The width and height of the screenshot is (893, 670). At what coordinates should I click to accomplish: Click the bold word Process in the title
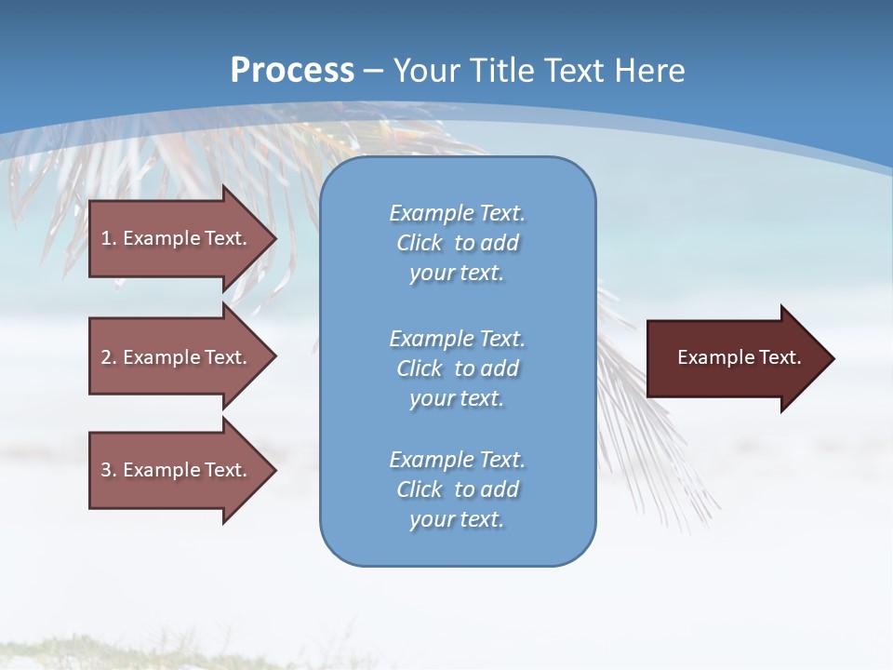292,70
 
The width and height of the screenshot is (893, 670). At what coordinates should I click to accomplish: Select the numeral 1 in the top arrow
106,238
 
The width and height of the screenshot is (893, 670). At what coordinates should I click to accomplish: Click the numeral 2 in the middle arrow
106,357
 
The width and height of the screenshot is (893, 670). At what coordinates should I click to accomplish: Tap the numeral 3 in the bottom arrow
106,470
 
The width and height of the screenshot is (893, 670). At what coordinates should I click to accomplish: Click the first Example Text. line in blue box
457,213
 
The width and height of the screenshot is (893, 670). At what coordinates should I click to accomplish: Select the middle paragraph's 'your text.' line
457,398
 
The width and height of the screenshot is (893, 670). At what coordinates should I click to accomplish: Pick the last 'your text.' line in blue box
457,519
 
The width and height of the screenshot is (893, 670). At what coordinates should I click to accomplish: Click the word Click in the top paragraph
420,243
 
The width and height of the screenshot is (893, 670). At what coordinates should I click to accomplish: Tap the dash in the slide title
373,71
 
